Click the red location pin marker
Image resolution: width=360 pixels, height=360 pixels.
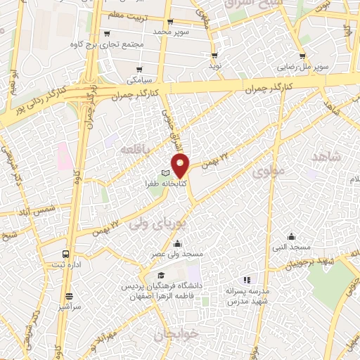coord(181,165)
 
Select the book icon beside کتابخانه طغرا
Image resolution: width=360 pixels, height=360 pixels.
coord(166,173)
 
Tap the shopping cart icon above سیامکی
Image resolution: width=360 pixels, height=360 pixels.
coord(140,69)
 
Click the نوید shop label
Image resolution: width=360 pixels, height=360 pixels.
coord(214,65)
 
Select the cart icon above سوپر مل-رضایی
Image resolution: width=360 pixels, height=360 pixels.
coord(302,57)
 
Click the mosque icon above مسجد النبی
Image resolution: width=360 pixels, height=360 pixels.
coord(290,237)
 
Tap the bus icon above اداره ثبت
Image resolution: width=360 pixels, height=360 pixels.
coord(65,254)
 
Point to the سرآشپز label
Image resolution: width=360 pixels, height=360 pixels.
coord(69,308)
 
